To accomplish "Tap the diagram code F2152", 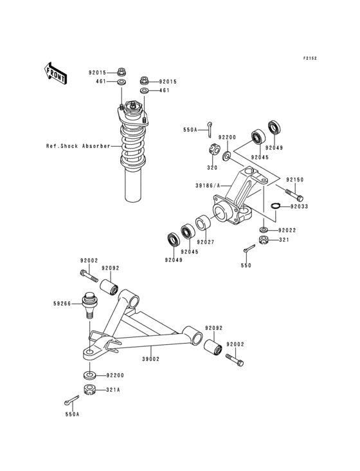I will coord(310,59).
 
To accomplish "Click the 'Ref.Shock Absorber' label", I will coord(78,145).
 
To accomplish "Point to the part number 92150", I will coord(295,180).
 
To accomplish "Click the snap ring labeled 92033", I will coord(276,207).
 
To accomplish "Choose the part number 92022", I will coord(288,230).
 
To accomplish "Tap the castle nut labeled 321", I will coord(263,241).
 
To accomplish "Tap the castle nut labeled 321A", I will coord(89,389).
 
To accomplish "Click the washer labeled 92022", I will coord(265,229).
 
